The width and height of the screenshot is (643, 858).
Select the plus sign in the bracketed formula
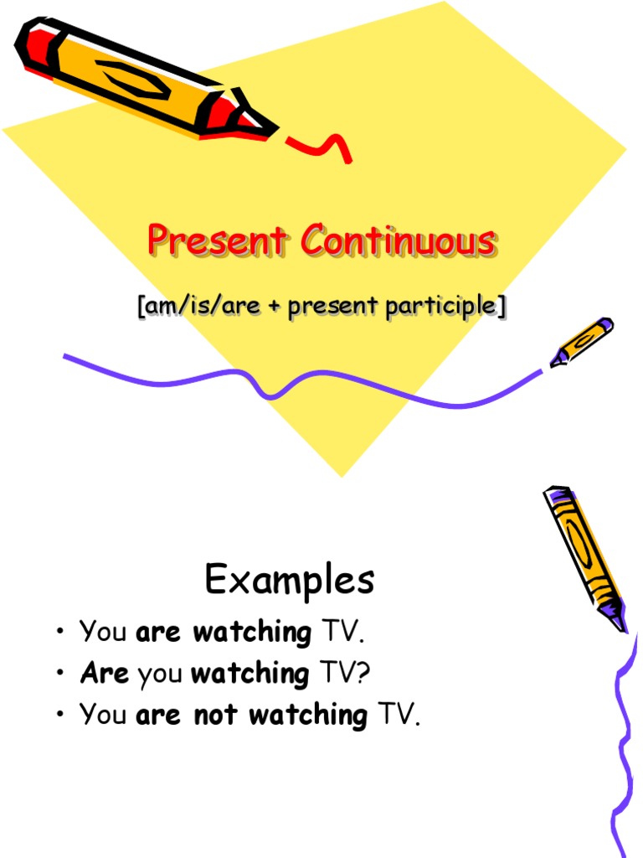[275, 308]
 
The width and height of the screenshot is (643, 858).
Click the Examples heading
[290, 580]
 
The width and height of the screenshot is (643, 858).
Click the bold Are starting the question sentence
[105, 673]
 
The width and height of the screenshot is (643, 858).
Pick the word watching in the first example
[252, 632]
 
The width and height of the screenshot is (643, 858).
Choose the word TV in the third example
[395, 715]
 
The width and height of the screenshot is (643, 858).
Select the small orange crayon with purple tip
[584, 341]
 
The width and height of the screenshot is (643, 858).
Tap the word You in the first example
[103, 632]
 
